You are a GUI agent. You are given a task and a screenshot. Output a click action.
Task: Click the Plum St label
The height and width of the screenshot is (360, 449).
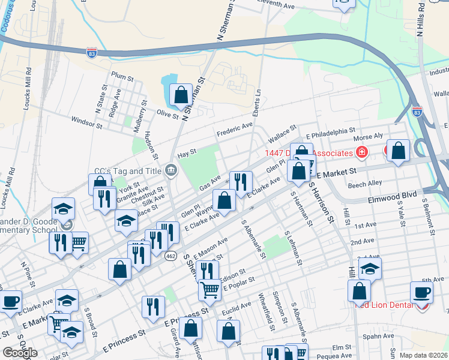(122, 77)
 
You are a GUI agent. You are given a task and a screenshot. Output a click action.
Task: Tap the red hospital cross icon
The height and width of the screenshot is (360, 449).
(361, 153)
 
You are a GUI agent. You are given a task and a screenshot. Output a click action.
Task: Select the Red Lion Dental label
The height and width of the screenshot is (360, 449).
(384, 305)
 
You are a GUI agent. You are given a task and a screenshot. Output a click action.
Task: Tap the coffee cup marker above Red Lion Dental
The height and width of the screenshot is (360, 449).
(421, 293)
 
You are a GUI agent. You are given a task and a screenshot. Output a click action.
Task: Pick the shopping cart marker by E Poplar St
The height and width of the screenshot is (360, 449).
(209, 290)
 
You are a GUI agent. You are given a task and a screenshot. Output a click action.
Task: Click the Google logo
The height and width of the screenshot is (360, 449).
(20, 353)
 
